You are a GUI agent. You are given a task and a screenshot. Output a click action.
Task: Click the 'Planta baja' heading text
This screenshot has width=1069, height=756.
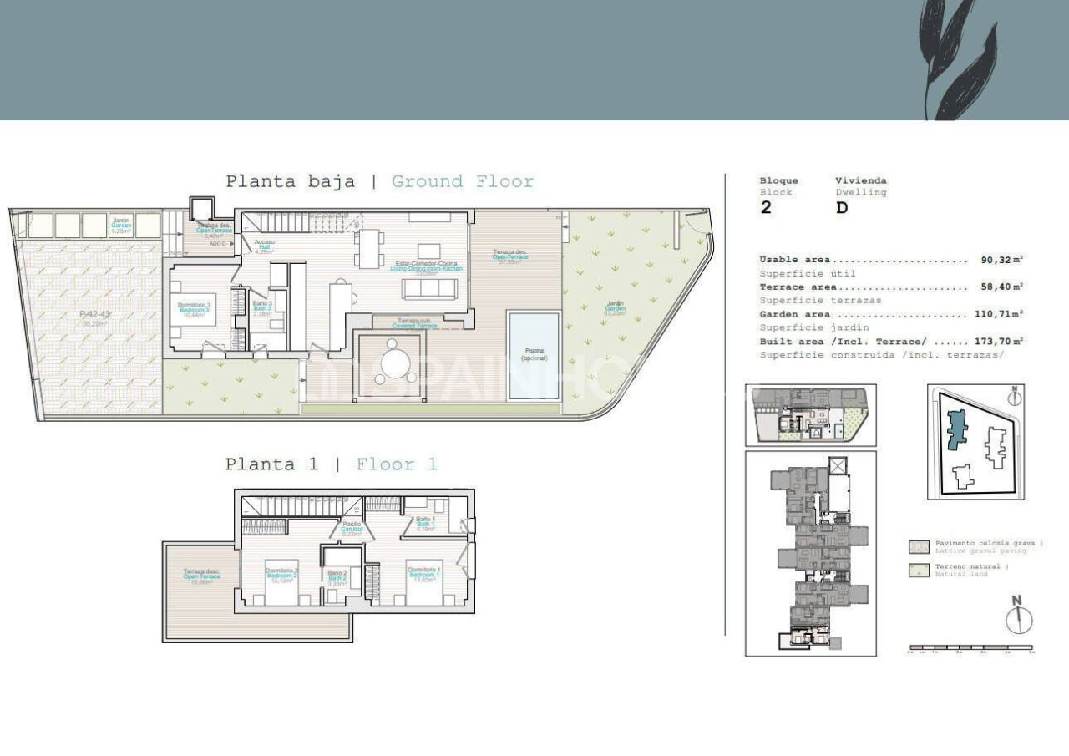(x=290, y=181)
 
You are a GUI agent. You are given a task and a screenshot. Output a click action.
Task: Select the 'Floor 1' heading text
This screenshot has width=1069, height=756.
(x=397, y=464)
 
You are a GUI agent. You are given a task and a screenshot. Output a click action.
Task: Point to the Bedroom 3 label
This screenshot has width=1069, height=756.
(x=194, y=310)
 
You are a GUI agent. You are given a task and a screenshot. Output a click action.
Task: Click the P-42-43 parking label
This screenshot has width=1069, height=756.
(x=94, y=315)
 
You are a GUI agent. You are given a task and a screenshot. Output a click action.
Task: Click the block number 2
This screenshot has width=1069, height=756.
(x=766, y=208)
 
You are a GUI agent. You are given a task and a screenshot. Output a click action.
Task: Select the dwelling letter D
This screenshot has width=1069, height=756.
(x=842, y=208)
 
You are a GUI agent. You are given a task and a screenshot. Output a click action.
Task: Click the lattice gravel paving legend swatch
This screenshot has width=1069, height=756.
(x=919, y=547)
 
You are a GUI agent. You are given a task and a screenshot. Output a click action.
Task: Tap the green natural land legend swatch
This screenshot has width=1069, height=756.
(x=919, y=571)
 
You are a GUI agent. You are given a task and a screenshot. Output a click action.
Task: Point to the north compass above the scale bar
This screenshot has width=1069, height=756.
(x=1018, y=617)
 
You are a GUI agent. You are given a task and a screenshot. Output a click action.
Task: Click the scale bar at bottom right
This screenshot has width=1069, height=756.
(x=970, y=647)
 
